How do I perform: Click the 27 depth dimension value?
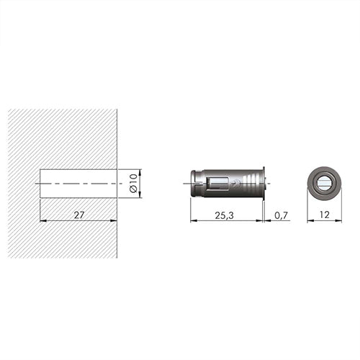(x=79, y=215)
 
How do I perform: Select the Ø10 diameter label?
(x=133, y=183)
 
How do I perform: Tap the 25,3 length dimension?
(x=224, y=215)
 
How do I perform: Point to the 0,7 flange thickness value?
(x=281, y=215)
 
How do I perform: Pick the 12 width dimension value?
(x=325, y=215)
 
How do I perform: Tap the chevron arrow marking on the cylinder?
(x=235, y=184)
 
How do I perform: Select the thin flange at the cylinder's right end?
(x=264, y=184)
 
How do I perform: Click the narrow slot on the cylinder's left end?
(x=196, y=184)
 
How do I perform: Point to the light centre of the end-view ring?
(x=325, y=184)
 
